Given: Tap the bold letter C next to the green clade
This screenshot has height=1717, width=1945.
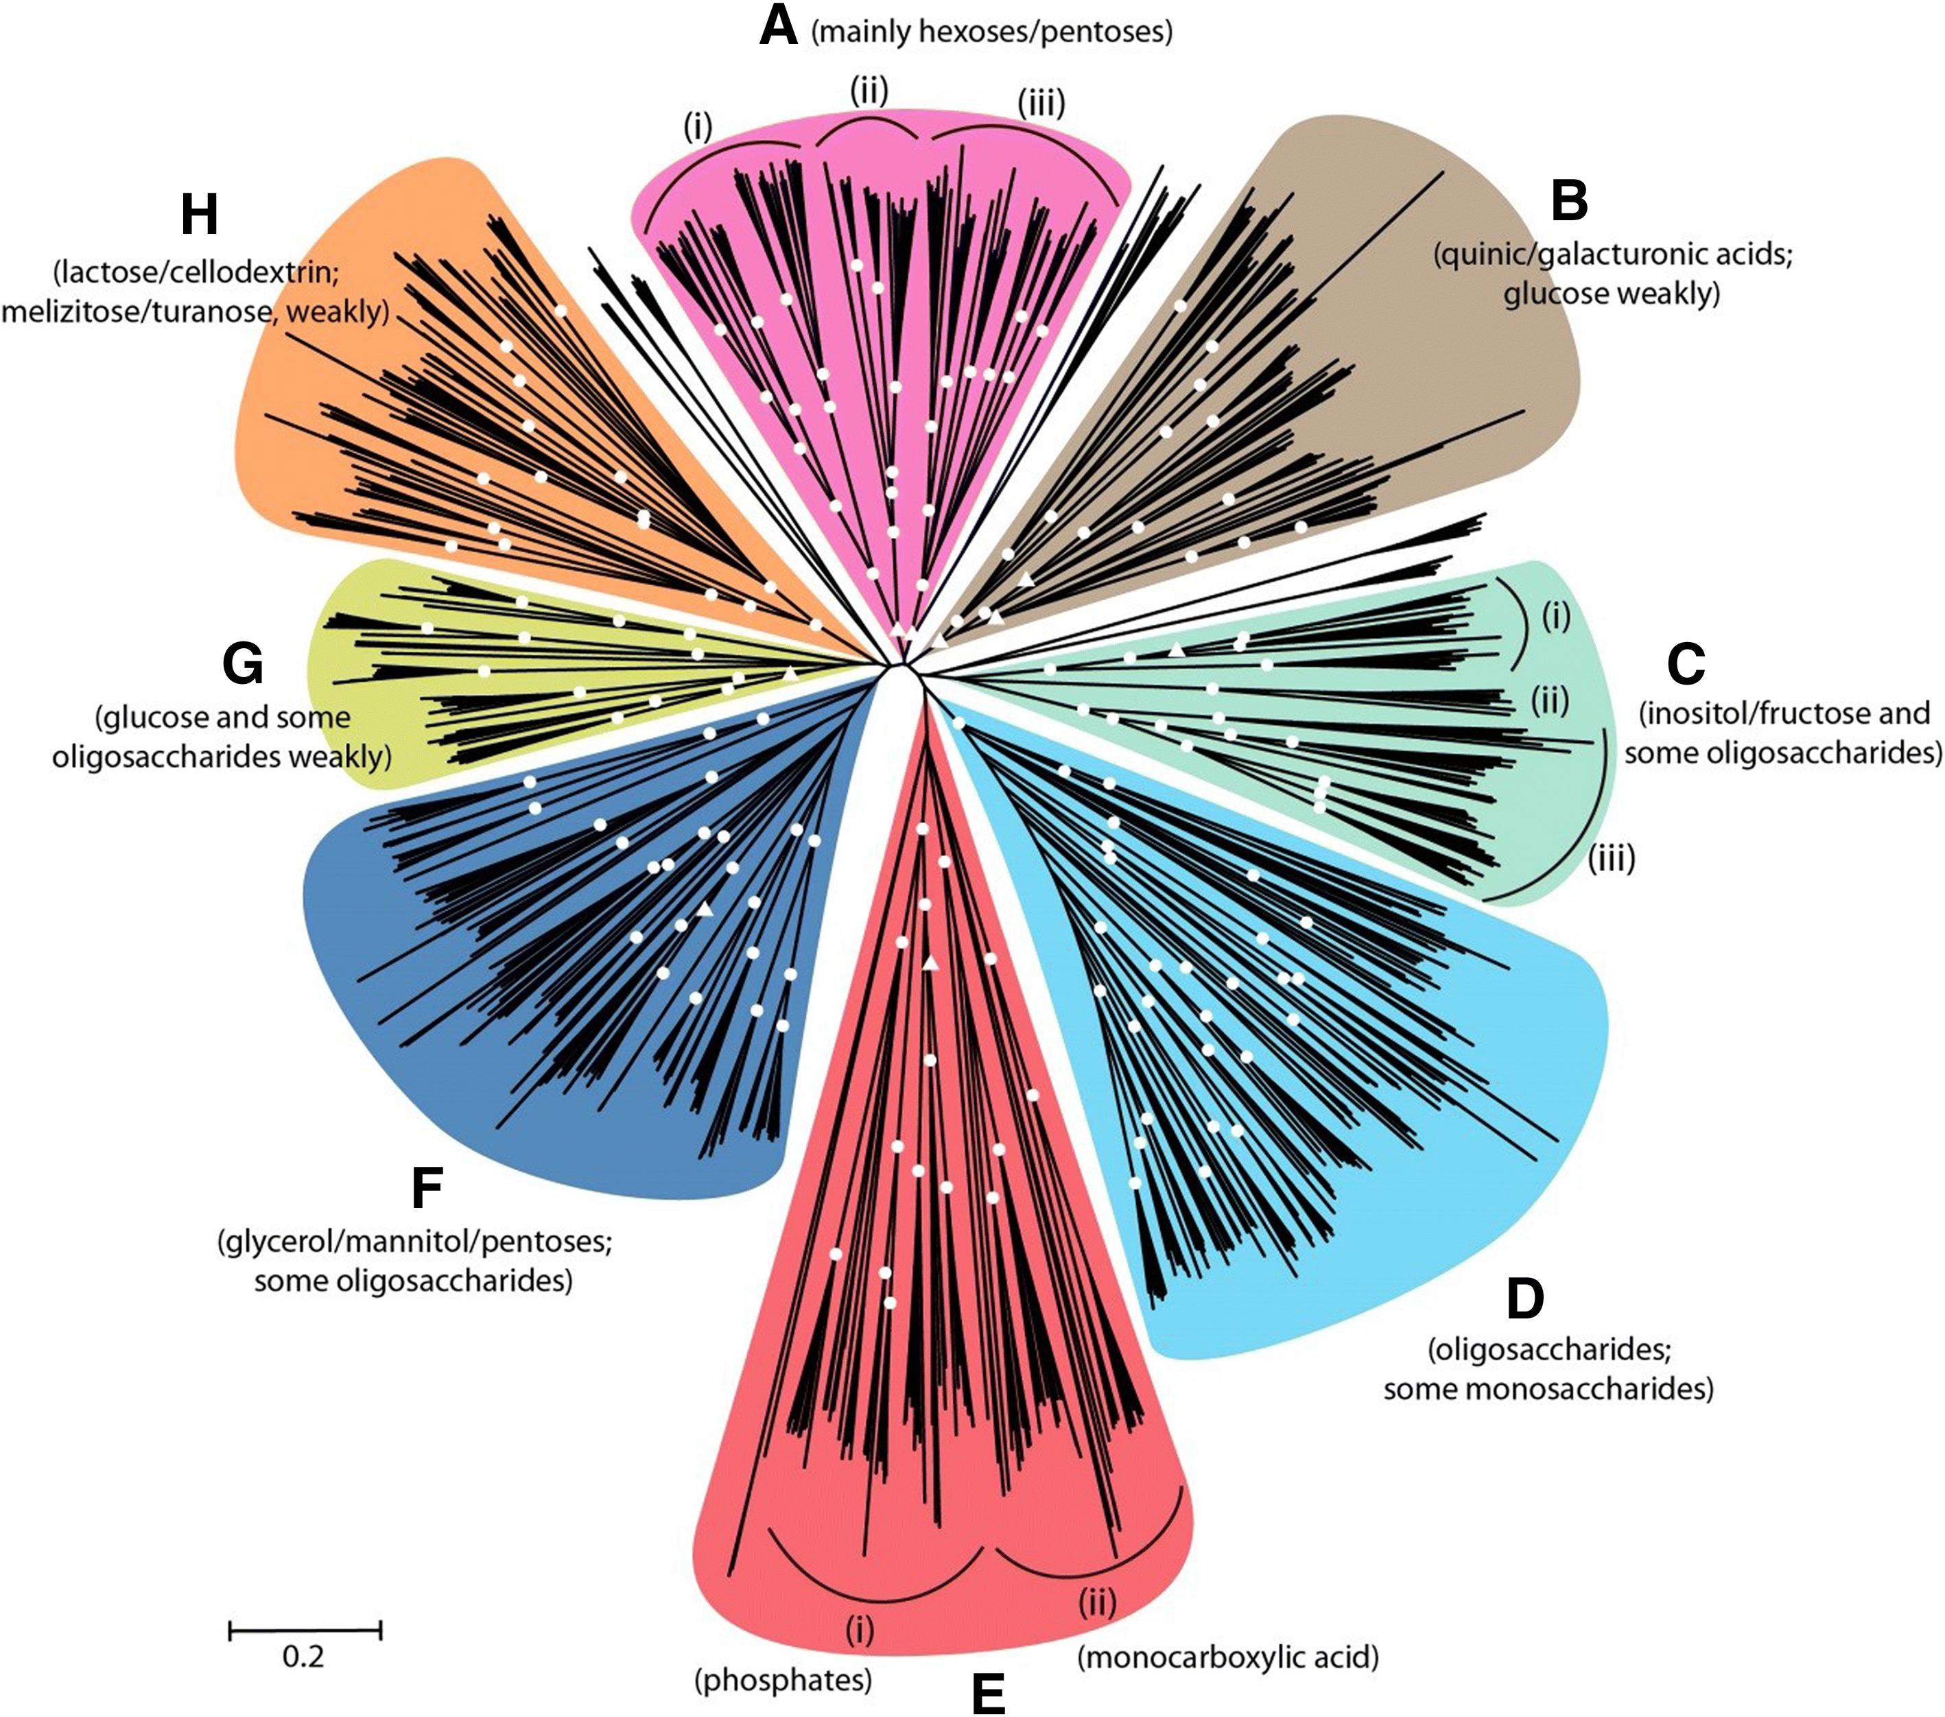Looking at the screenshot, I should pyautogui.click(x=1685, y=664).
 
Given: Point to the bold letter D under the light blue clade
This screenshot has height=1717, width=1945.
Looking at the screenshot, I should pyautogui.click(x=1524, y=1299).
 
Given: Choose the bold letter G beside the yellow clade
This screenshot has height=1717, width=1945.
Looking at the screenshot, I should pyautogui.click(x=243, y=664).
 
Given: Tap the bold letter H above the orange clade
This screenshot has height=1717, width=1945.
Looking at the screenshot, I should pyautogui.click(x=199, y=215).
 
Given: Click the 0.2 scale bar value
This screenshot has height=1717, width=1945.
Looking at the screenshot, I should pyautogui.click(x=303, y=1657).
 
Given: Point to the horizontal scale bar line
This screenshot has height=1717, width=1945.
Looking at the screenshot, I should pyautogui.click(x=305, y=1631).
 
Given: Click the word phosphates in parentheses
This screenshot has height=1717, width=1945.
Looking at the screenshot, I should pyautogui.click(x=783, y=1680).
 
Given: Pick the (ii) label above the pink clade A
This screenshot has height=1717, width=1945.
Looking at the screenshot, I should pyautogui.click(x=868, y=91).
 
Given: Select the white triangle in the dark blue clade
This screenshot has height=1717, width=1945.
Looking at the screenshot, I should pyautogui.click(x=704, y=910).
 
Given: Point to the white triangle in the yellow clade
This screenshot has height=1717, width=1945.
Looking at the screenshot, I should pyautogui.click(x=790, y=674).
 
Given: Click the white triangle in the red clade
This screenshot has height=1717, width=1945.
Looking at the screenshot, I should pyautogui.click(x=930, y=964).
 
